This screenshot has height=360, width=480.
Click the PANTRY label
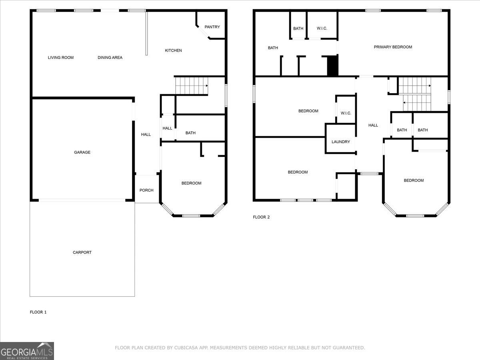pyautogui.click(x=212, y=27)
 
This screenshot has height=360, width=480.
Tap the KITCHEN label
pyautogui.click(x=173, y=50)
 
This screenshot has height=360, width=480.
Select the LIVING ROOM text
pyautogui.click(x=60, y=58)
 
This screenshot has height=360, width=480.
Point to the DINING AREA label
pyautogui.click(x=110, y=58)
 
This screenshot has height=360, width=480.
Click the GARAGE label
pyautogui.click(x=82, y=152)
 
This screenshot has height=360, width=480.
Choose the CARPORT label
pyautogui.click(x=82, y=252)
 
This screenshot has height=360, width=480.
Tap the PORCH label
pyautogui.click(x=146, y=190)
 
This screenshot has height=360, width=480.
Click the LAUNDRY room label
pyautogui.click(x=340, y=142)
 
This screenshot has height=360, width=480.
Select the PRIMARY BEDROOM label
pyautogui.click(x=393, y=47)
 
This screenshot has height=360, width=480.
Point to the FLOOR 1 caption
pyautogui.click(x=38, y=312)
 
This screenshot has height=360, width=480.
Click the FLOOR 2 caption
pyautogui.click(x=261, y=217)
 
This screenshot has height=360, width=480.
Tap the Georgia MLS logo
pyautogui.click(x=27, y=351)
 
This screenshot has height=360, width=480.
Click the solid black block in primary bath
pyautogui.click(x=333, y=65)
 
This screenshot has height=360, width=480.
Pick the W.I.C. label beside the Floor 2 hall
pyautogui.click(x=346, y=113)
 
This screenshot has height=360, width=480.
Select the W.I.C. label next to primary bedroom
pyautogui.click(x=322, y=28)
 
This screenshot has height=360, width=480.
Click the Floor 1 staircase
pyautogui.click(x=192, y=86)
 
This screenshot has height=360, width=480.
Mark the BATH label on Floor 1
pyautogui.click(x=190, y=133)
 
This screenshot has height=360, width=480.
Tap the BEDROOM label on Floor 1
pyautogui.click(x=191, y=183)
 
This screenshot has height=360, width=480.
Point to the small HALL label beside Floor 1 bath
pyautogui.click(x=167, y=128)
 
